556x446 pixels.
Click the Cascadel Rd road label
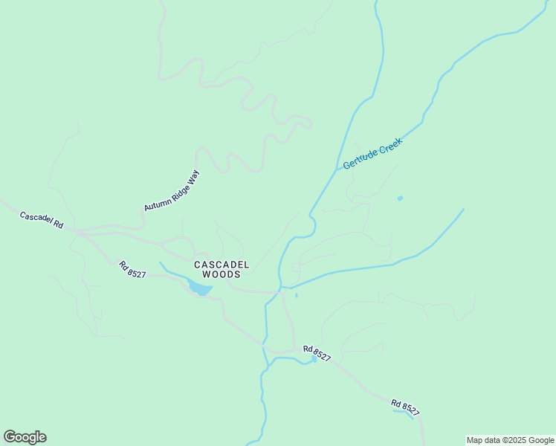41,220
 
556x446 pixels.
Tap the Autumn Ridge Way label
172,190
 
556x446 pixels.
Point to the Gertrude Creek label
372,152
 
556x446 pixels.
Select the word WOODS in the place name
222,274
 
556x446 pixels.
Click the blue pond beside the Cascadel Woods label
199,287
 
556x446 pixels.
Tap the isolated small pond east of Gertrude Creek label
401,198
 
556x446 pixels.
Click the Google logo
25,437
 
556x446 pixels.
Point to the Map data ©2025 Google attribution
511,440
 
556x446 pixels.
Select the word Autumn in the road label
157,201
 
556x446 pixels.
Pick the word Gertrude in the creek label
361,158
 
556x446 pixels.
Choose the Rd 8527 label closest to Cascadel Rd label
132,269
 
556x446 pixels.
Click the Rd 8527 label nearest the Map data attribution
406,407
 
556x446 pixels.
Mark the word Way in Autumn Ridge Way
193,176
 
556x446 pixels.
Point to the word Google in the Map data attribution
541,440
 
